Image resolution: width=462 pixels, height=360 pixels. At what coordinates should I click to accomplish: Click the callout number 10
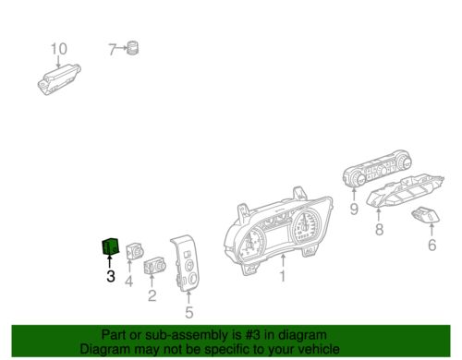(58, 48)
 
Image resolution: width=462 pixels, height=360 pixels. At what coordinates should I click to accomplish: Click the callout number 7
(113, 50)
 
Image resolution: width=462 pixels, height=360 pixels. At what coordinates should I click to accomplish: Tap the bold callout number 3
(110, 275)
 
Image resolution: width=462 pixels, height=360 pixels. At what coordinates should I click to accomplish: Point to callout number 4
(129, 281)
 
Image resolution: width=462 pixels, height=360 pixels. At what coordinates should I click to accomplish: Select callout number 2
(152, 297)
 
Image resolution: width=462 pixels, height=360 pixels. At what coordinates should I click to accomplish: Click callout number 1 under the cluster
(283, 275)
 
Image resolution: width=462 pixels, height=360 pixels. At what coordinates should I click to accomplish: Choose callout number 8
(378, 238)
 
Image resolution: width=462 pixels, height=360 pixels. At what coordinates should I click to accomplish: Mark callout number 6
(432, 246)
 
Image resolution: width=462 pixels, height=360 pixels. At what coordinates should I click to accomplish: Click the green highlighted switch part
(108, 247)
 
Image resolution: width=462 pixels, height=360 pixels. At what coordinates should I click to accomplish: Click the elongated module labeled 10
(59, 77)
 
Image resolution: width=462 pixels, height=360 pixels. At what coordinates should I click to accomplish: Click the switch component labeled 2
(153, 269)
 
